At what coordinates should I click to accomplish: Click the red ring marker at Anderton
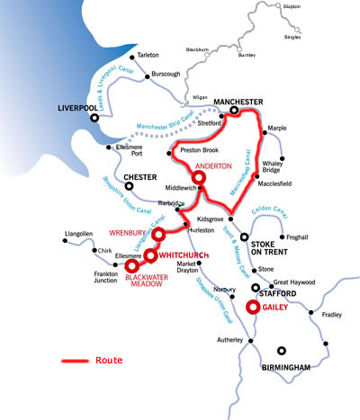pos(199,179)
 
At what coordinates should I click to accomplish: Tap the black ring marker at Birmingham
pos(283,351)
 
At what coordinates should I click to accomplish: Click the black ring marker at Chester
pos(130,187)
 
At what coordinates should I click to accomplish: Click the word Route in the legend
pos(108,360)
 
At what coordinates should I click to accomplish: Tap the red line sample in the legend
pos(74,361)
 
